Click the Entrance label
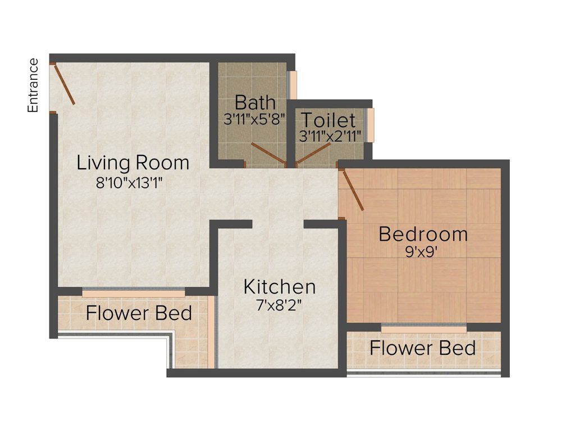(x=33, y=85)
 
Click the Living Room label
(x=133, y=163)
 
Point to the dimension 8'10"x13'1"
(x=129, y=183)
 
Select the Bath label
(x=255, y=102)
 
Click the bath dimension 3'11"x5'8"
(x=254, y=119)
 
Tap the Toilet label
(x=328, y=120)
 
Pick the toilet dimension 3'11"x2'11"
(x=330, y=136)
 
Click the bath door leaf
(x=268, y=153)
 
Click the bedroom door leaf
(x=353, y=190)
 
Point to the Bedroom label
(x=423, y=235)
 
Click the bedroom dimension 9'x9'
(x=421, y=252)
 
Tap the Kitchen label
(x=280, y=287)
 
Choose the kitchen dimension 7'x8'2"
(x=280, y=305)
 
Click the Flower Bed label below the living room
(x=139, y=313)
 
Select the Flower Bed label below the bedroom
(x=422, y=348)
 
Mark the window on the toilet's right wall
(x=371, y=125)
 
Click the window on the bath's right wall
(x=293, y=85)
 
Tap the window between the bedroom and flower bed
(x=424, y=328)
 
